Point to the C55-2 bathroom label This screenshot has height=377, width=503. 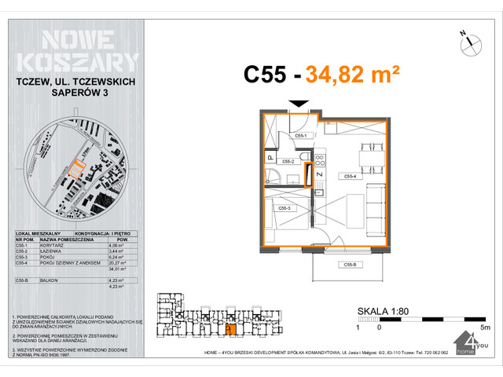coord(289,161)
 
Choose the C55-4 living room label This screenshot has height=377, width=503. coord(351,177)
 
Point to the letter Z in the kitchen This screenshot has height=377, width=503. coord(319,174)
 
